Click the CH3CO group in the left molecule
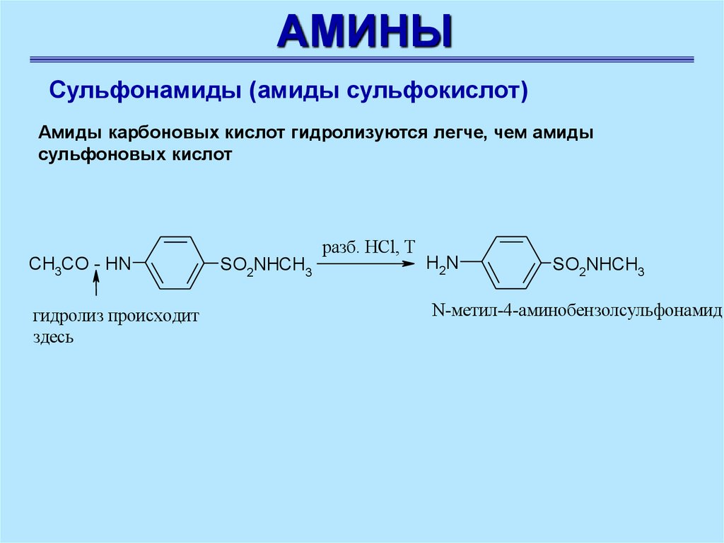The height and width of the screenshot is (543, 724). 59,265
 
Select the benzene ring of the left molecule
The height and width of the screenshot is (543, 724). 174,263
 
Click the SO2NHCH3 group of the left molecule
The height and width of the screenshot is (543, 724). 265,265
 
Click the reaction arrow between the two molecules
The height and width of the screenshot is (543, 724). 365,264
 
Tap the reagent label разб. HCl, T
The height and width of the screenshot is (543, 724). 369,247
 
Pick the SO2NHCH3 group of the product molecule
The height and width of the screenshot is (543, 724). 598,265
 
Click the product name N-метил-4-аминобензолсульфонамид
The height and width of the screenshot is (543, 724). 576,311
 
